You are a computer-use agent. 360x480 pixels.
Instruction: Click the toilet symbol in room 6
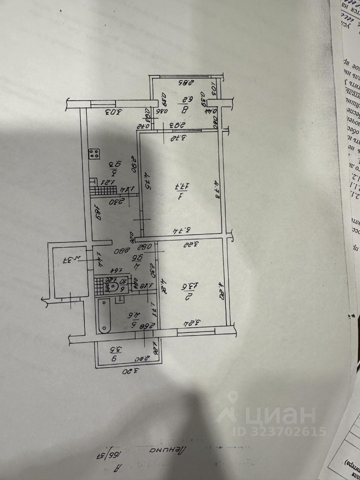click(x=113, y=287)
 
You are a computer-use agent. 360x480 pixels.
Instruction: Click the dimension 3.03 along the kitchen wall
click(x=114, y=111)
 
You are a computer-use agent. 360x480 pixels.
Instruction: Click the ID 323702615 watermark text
click(x=278, y=431)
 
